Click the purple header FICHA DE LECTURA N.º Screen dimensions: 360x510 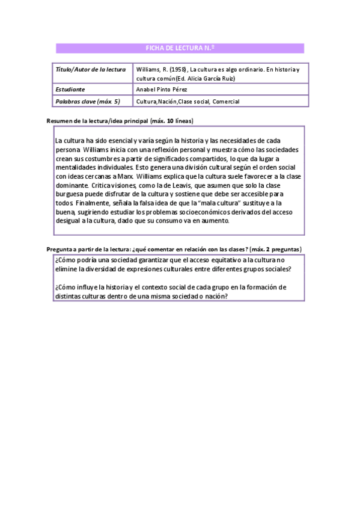pyautogui.click(x=180, y=49)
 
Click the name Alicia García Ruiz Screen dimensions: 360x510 pyautogui.click(x=212, y=78)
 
